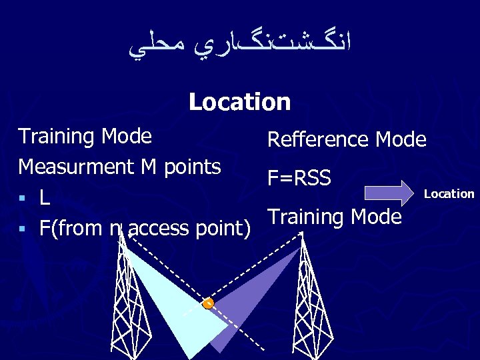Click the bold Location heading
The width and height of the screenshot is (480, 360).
pos(239,102)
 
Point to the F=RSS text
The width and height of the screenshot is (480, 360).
pos(299,178)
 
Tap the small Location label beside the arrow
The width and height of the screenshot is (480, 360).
pos(449,194)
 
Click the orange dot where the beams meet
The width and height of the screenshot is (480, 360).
pos(208,303)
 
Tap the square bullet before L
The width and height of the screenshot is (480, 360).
pos(23,198)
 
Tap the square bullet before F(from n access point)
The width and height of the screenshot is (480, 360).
pos(23,229)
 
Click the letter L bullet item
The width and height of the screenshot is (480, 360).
pos(44,197)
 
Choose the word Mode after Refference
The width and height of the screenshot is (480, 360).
pos(401,139)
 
